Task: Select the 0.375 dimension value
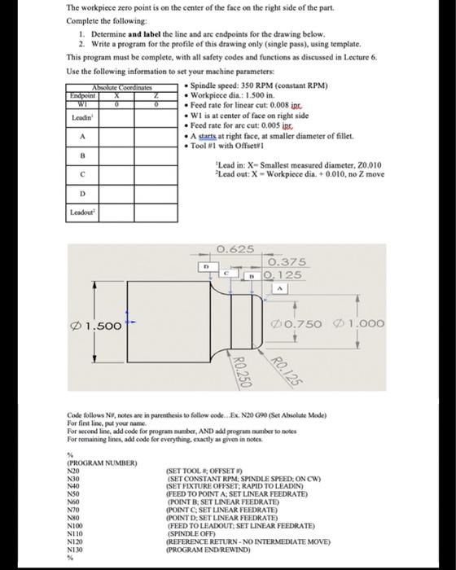coord(287,261)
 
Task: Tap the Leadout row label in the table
coord(82,213)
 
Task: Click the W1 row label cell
coord(81,103)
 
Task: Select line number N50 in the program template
coord(74,494)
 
